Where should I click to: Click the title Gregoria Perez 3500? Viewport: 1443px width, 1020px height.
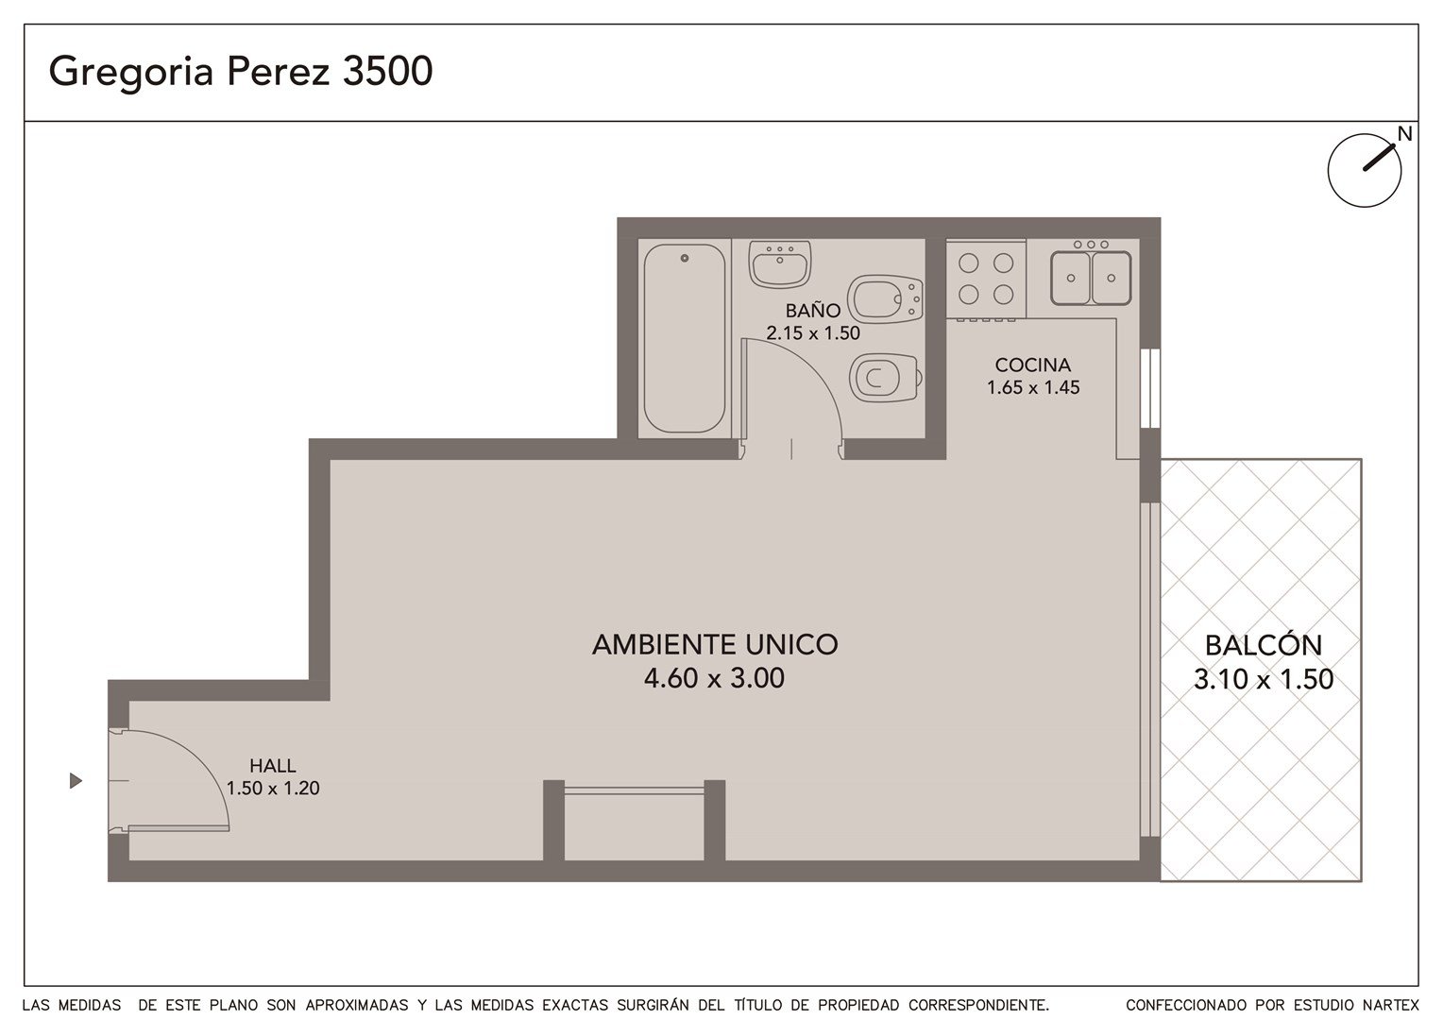(240, 72)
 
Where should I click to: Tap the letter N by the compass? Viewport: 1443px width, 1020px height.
(1405, 134)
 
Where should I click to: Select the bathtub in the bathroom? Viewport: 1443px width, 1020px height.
(684, 337)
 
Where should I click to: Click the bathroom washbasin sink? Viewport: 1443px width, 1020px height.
(779, 263)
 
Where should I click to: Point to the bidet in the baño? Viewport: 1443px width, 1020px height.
(885, 299)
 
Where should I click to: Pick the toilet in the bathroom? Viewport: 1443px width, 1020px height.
(886, 378)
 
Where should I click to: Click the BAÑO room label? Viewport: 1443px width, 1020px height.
(813, 311)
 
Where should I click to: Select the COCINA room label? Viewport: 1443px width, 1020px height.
(1032, 365)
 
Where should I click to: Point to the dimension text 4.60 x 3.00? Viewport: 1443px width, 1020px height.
(714, 678)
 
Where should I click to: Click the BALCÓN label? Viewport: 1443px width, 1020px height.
(1264, 645)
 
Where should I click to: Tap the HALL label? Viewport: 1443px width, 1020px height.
(273, 766)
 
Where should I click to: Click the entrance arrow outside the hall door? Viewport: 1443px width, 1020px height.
(76, 781)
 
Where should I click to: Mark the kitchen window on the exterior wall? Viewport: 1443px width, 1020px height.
(1150, 388)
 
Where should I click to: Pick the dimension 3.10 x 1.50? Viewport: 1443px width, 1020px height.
(1264, 679)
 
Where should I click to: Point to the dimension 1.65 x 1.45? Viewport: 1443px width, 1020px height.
(1033, 387)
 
